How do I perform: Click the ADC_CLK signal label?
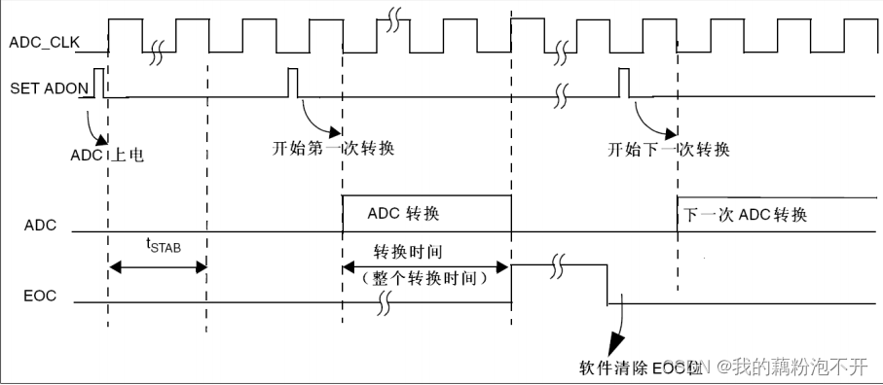43,42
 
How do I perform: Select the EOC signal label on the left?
40,293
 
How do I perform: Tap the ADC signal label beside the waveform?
40,226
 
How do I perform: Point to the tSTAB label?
164,246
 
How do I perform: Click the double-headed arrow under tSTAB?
157,265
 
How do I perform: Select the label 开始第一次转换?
334,149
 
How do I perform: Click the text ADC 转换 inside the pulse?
410,213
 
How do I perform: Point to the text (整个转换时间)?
423,278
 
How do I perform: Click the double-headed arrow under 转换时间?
426,265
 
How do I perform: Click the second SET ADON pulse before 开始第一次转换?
293,83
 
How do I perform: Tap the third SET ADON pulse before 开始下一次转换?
624,83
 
